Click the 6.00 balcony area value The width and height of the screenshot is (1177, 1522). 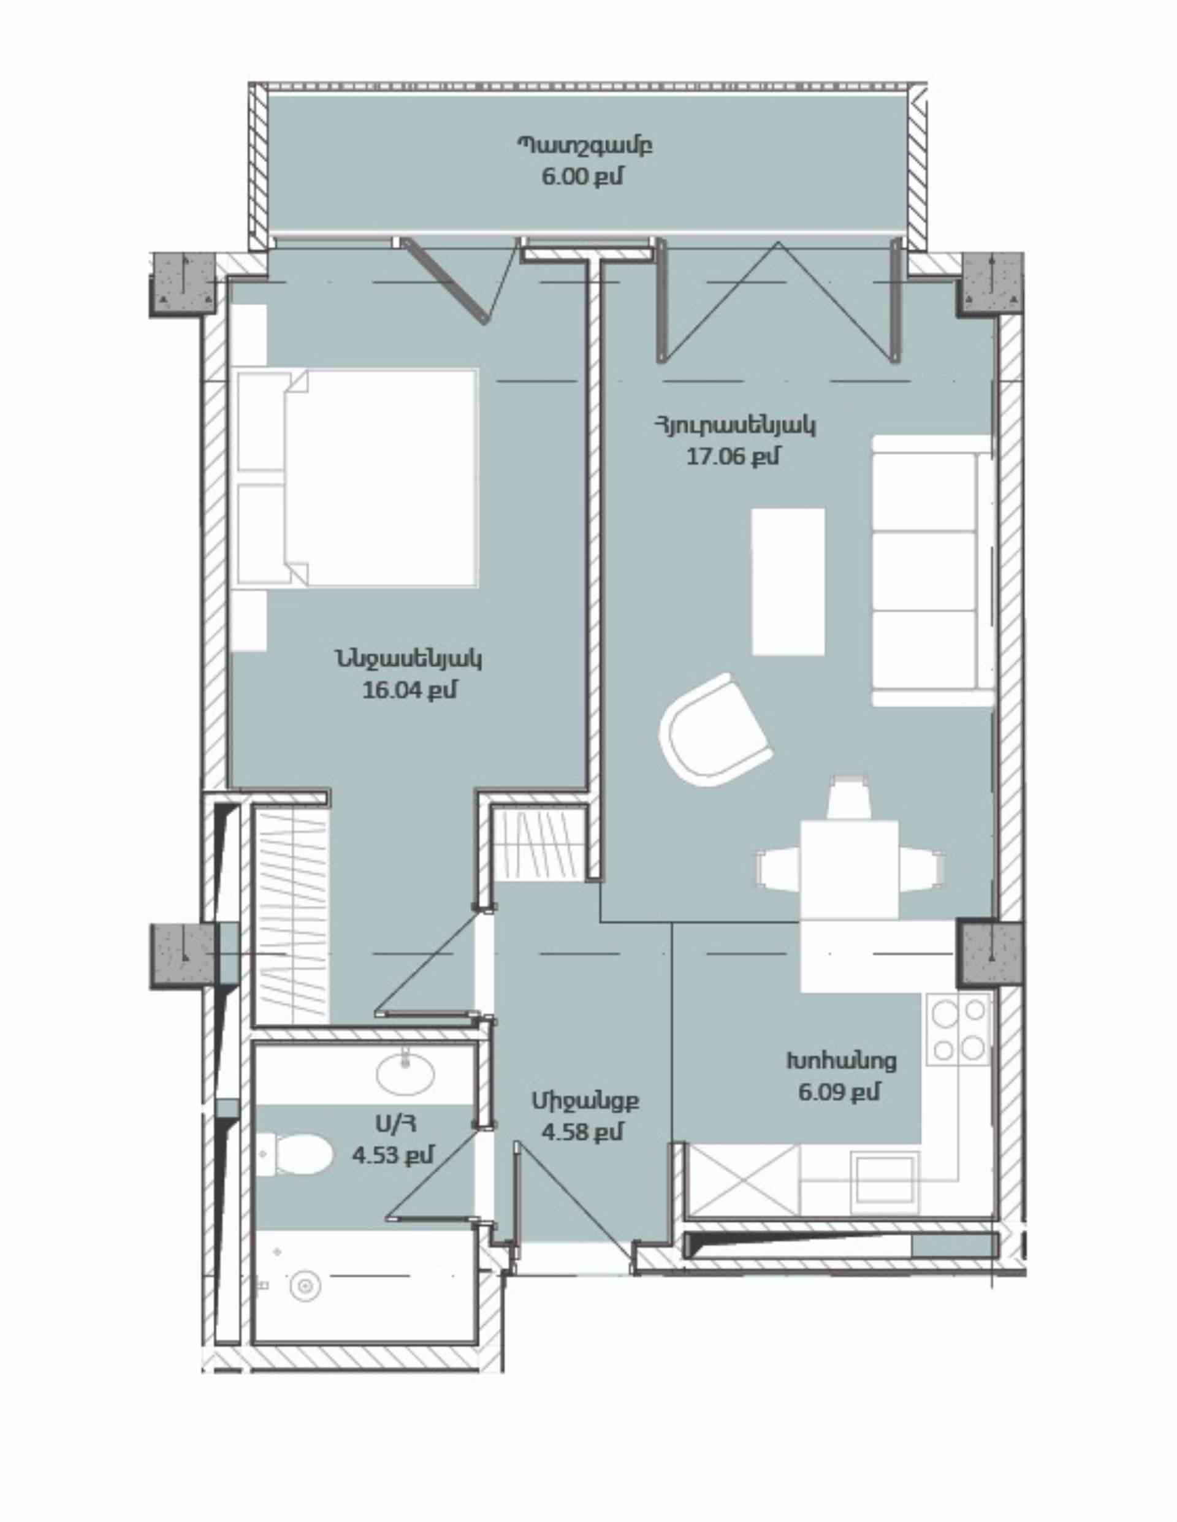(582, 177)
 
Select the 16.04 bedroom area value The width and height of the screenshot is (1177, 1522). (409, 690)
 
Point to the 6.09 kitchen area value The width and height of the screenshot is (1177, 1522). (839, 1090)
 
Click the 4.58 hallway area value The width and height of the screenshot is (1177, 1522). (582, 1132)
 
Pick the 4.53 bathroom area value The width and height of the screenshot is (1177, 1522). (393, 1155)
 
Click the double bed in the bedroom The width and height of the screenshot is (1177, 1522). (357, 478)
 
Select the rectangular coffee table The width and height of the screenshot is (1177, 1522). (788, 581)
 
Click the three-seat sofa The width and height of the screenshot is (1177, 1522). (932, 571)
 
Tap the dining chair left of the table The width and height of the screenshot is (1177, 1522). (779, 869)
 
